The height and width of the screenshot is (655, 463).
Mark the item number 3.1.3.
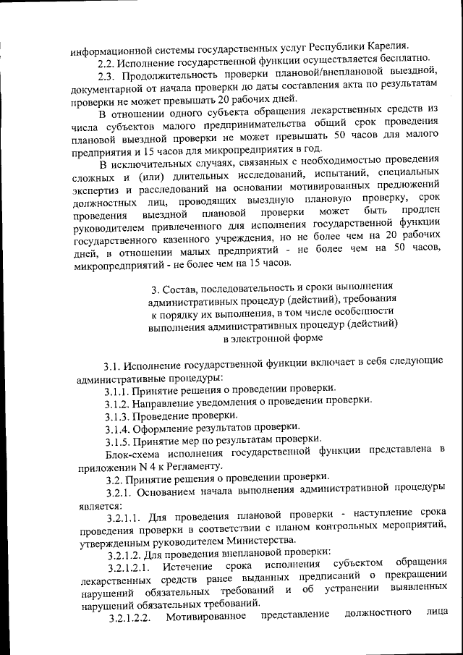[118, 415]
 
